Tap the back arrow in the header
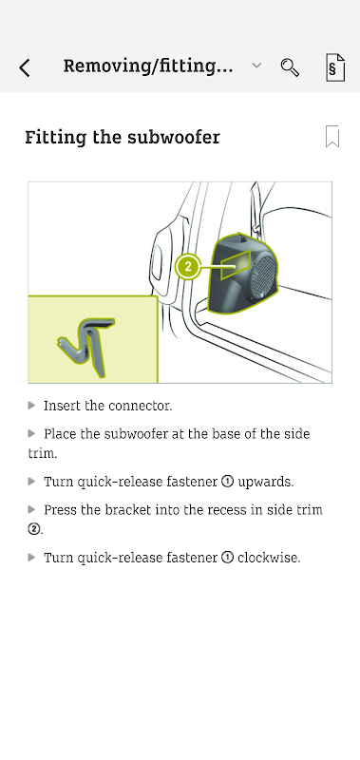[25, 67]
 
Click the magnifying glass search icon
[290, 67]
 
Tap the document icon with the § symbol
[335, 67]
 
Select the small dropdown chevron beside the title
[256, 65]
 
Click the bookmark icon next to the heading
[332, 136]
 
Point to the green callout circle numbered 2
[188, 267]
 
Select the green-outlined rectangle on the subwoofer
[236, 265]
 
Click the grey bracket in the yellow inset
[87, 345]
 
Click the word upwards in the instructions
[266, 483]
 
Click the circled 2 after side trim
[34, 529]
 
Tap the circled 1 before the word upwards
[227, 482]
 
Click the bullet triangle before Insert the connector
[32, 406]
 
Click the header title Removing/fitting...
[148, 66]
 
